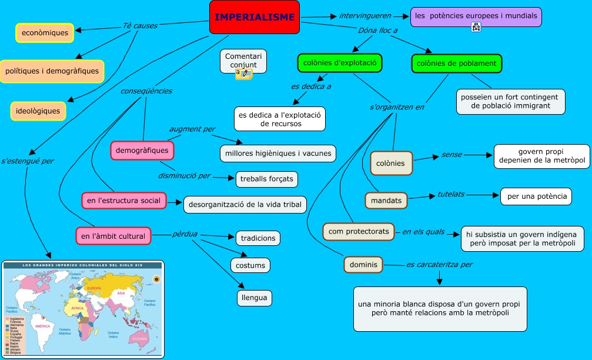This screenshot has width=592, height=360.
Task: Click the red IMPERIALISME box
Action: [254, 17]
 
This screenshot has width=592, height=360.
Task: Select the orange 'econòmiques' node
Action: [45, 33]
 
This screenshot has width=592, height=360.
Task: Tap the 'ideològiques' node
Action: [38, 111]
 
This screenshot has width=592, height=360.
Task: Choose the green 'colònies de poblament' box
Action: [456, 64]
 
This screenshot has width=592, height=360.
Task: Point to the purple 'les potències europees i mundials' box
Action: [476, 17]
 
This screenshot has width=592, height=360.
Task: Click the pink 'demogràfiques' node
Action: [142, 151]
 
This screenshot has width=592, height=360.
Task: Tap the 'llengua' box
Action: [254, 298]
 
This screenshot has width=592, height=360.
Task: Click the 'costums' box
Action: [250, 265]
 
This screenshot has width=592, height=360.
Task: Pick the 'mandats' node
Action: [386, 201]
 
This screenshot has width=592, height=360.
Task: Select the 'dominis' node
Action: [363, 265]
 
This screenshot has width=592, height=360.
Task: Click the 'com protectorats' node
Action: [359, 231]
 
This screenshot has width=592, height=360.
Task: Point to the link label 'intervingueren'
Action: [360, 15]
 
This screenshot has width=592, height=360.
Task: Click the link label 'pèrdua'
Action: [185, 234]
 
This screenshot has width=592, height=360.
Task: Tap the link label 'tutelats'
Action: [451, 194]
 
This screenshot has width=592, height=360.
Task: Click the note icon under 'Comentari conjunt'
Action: [243, 74]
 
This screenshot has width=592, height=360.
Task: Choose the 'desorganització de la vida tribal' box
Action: [245, 205]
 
